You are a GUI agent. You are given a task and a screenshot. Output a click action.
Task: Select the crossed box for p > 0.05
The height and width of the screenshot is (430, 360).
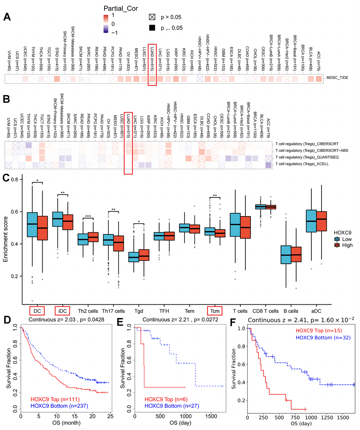pyautogui.click(x=153, y=17)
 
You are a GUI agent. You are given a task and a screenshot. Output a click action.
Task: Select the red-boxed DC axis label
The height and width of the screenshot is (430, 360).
pyautogui.click(x=37, y=311)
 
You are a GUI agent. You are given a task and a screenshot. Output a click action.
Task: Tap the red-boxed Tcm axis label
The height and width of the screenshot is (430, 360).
pyautogui.click(x=215, y=311)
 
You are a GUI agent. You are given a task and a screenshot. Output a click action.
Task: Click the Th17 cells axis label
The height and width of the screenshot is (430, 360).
pyautogui.click(x=113, y=311)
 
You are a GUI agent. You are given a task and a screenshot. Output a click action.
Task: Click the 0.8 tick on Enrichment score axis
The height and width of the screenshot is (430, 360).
pyautogui.click(x=15, y=180)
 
